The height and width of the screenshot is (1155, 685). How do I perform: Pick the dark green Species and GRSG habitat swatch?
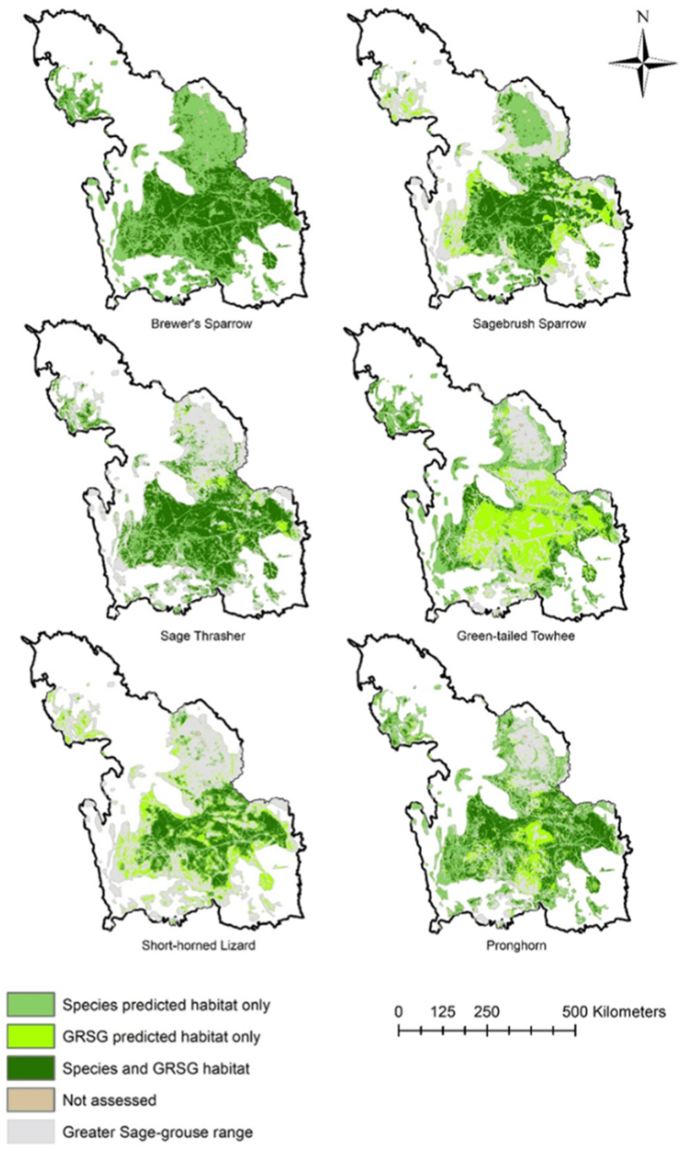tap(29, 1067)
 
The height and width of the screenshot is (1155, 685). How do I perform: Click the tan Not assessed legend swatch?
tap(29, 1099)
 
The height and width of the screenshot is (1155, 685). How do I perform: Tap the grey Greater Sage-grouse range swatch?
tap(29, 1131)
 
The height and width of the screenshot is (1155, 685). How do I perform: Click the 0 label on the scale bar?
tap(399, 1012)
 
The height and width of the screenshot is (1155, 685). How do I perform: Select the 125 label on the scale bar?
tap(443, 1012)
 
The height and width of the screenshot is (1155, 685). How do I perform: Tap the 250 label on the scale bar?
tap(488, 1012)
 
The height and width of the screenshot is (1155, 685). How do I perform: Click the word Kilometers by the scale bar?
tap(628, 1012)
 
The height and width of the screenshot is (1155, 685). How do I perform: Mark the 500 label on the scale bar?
tap(575, 1012)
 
